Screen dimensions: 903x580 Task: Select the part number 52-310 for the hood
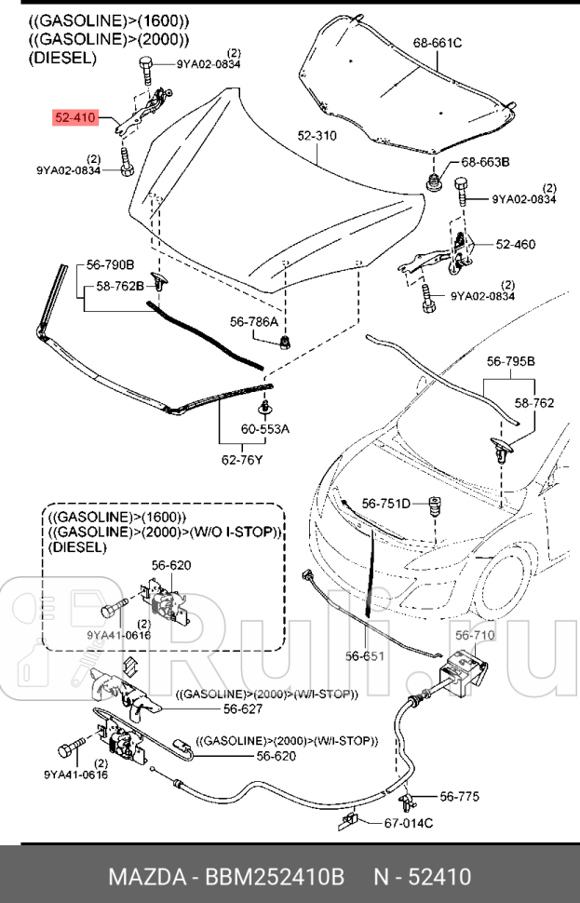[x=317, y=136]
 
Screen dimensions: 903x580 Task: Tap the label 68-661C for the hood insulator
[x=438, y=42]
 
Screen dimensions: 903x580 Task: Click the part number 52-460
[x=515, y=245]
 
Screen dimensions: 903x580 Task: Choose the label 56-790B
[x=111, y=264]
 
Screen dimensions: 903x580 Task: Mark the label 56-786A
[x=254, y=321]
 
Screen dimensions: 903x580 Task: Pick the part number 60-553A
[x=265, y=429]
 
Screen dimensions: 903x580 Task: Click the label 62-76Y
[x=242, y=458]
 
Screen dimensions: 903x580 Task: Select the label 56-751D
[x=385, y=504]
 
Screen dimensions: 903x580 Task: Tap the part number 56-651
[x=365, y=655]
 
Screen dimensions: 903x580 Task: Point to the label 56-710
[x=475, y=635]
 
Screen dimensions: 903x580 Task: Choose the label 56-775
[x=460, y=796]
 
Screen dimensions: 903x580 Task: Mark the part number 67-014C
[x=409, y=823]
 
